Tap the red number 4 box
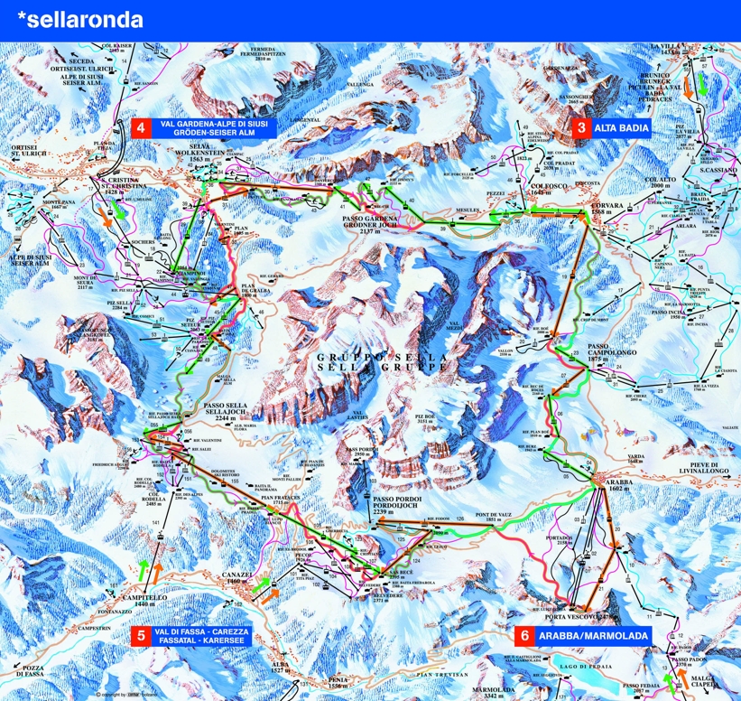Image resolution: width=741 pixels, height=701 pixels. click(x=141, y=127)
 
